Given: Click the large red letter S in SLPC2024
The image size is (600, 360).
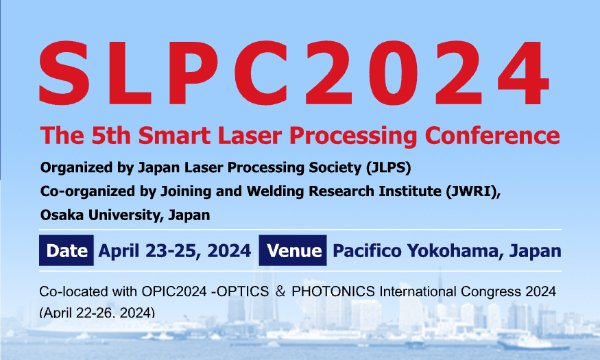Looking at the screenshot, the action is pos(64,73).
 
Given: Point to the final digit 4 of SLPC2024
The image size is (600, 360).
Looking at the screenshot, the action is pos(523,73).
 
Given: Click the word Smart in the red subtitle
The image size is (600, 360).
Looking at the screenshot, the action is pos(174,135).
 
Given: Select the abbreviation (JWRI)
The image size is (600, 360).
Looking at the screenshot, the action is pos(473,191).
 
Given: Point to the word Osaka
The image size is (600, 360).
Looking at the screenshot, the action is pos(62,215).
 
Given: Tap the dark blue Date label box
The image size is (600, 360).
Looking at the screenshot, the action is pos(66,251).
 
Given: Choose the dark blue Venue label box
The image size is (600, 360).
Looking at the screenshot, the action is pos(293,251).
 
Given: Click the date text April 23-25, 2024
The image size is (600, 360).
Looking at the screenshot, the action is pos(175,251).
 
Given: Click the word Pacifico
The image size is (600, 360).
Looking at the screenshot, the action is pos(367,251).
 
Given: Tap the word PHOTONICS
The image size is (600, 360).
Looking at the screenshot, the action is pos(333,292).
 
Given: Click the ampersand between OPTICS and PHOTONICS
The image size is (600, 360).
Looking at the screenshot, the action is pos(280,292).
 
